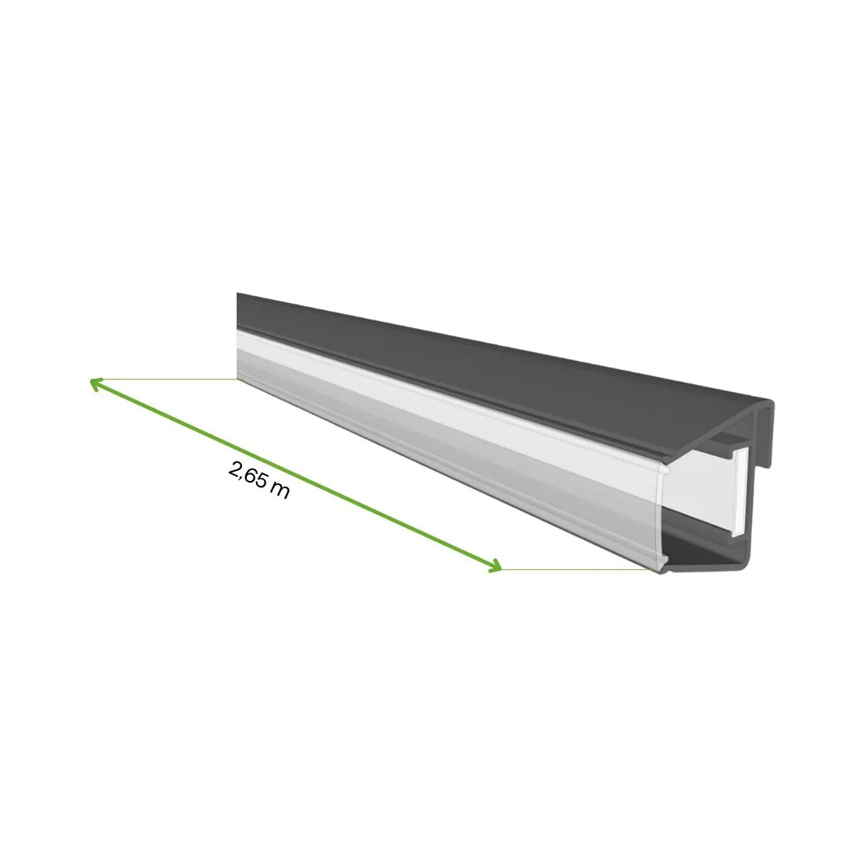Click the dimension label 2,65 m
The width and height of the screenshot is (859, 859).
pyautogui.click(x=259, y=481)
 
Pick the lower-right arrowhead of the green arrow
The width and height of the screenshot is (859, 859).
pyautogui.click(x=495, y=568)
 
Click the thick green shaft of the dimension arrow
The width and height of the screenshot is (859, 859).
pyautogui.click(x=297, y=475)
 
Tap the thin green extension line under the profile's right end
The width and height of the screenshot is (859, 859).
pyautogui.click(x=578, y=570)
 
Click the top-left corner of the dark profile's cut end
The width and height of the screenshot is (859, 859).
pyautogui.click(x=238, y=295)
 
